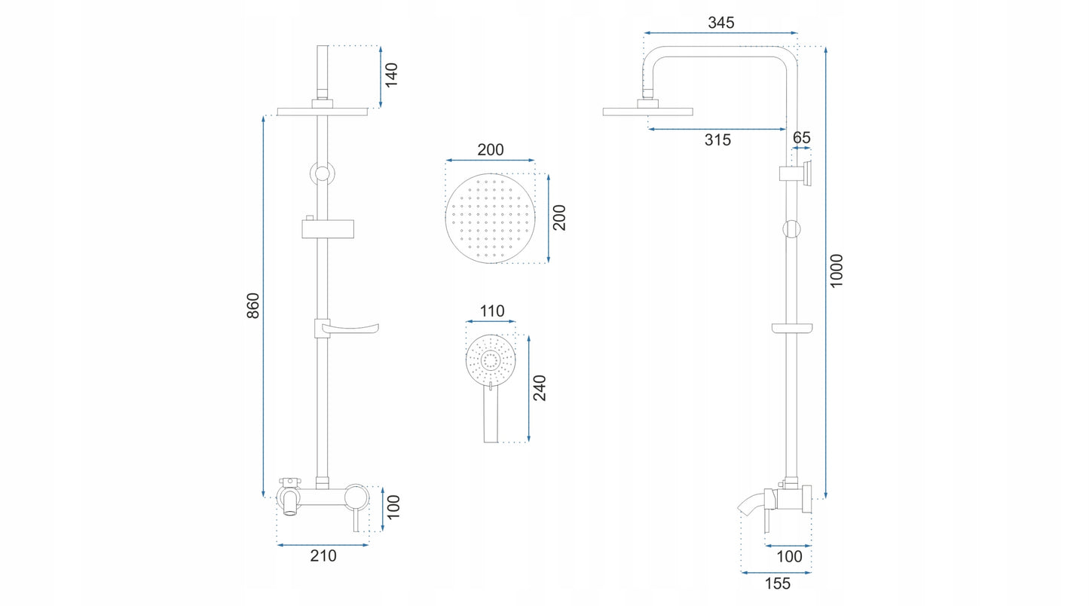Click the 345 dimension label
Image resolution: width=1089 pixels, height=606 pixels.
pos(721,23)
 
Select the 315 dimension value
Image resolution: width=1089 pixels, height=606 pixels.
pos(717,140)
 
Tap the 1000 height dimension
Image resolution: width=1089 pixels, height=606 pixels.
pos(837,271)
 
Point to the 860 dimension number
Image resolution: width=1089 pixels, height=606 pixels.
pos(253,306)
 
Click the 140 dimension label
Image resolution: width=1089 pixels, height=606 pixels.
pos(391,75)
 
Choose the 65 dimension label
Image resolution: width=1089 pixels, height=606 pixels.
pos(802,138)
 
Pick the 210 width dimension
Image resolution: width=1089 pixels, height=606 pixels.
pos(323,556)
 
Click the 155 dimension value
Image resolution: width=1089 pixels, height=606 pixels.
pos(777,583)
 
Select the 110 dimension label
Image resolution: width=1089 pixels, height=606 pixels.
pos(492,311)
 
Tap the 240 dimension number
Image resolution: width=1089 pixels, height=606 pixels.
pos(540,388)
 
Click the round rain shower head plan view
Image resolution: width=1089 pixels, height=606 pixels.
pos(490,219)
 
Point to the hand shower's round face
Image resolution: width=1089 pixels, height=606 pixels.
pos(491,360)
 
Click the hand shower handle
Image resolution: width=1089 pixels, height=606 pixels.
pos(491,412)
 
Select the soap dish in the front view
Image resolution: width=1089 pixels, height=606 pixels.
pos(347,329)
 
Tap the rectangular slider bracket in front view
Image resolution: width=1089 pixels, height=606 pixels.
pos(328,228)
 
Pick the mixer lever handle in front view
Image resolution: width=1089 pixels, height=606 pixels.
pos(356,520)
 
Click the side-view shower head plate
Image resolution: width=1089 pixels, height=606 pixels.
pos(647,112)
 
